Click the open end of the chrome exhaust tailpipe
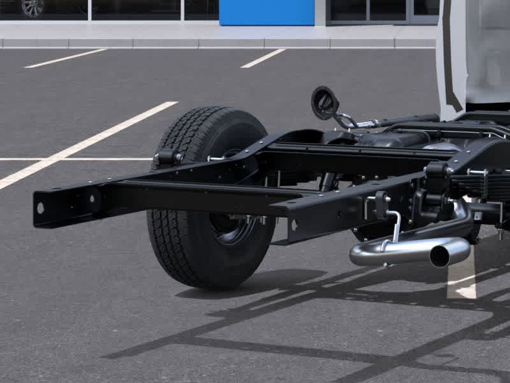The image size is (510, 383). pyautogui.click(x=439, y=256)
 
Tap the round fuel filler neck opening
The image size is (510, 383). pyautogui.click(x=324, y=102)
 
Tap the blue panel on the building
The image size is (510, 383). pyautogui.click(x=266, y=12)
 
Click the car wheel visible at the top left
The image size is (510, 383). pyautogui.click(x=32, y=7)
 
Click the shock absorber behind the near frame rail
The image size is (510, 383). pyautogui.click(x=329, y=181)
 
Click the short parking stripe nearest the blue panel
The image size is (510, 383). pyautogui.click(x=263, y=58)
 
